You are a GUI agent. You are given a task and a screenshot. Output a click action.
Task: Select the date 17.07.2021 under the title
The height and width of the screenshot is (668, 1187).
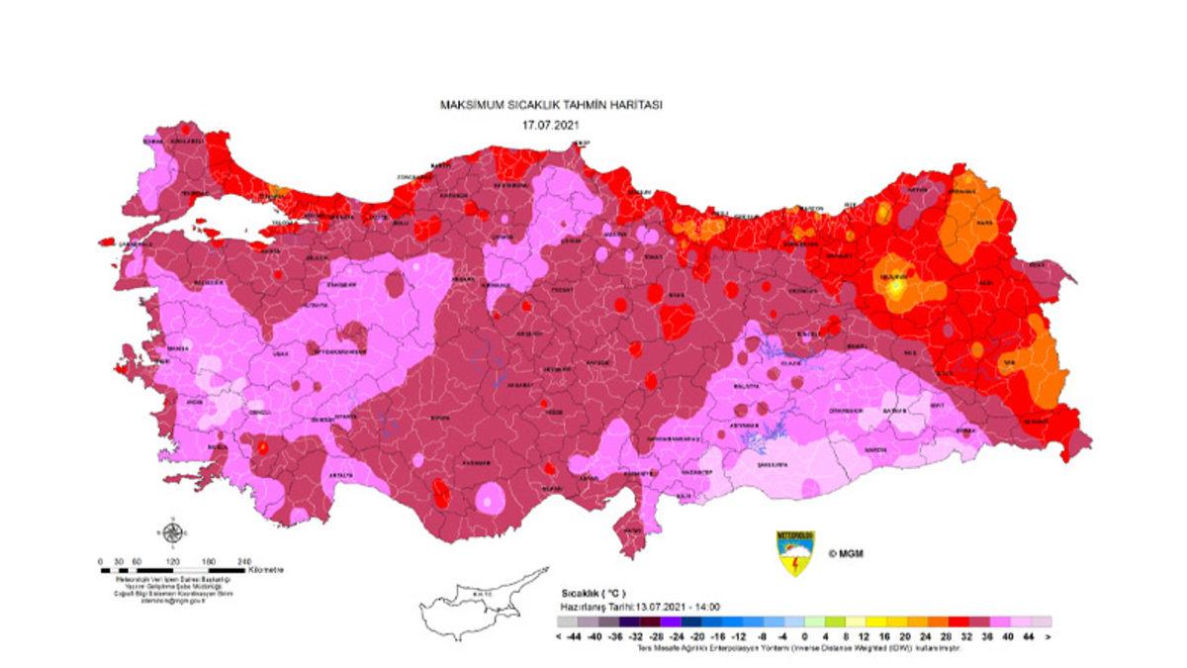coord(550,126)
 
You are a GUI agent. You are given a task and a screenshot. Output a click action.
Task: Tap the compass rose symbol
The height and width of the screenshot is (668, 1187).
coord(172,534)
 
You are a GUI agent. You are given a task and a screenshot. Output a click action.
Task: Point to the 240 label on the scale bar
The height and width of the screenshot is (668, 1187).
coord(245,561)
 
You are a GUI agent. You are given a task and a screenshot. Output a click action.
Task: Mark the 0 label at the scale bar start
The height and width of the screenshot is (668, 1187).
coord(101,561)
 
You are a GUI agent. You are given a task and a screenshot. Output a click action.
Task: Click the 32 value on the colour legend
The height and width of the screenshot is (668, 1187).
coord(962,636)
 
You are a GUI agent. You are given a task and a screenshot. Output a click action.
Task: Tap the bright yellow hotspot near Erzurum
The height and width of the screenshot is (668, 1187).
coord(896,288)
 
